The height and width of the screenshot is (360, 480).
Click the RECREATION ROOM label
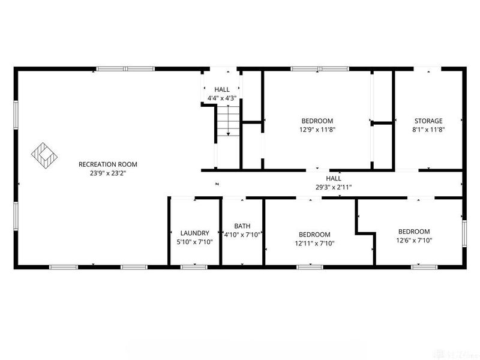point(108,164)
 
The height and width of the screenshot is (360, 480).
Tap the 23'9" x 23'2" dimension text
point(108,173)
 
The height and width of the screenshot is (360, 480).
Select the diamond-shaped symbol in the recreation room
point(44,155)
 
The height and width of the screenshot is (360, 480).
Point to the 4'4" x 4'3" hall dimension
point(222,98)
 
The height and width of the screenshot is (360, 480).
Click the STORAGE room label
point(428,121)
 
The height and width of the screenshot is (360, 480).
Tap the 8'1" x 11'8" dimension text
point(428,129)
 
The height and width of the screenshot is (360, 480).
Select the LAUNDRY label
point(195,233)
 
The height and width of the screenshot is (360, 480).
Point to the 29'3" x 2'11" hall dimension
point(334,187)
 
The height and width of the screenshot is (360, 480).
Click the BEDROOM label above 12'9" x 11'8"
point(317,121)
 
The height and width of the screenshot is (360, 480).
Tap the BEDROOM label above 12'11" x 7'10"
point(314,235)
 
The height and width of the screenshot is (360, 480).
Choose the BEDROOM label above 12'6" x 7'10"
point(414,232)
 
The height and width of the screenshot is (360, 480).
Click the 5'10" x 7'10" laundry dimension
point(195,242)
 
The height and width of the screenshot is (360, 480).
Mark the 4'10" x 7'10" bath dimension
point(242,235)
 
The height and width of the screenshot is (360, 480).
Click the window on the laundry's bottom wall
point(191,266)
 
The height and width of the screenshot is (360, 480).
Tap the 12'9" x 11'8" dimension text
point(317,129)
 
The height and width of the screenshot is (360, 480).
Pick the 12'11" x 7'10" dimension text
point(314,243)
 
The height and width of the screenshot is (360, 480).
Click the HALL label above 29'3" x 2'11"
point(334,179)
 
